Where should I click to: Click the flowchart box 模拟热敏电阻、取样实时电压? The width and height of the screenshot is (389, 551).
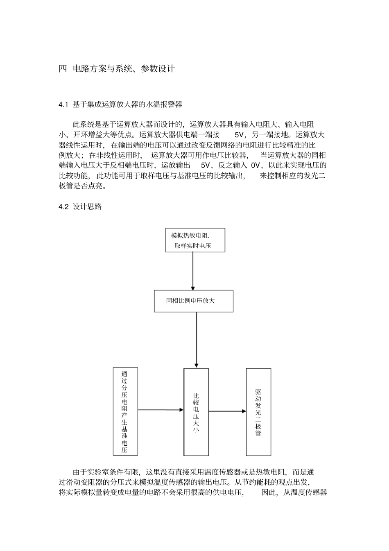(195, 240)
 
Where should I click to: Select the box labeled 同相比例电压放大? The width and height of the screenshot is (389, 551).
(193, 301)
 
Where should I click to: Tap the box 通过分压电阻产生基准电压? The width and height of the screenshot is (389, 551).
(125, 411)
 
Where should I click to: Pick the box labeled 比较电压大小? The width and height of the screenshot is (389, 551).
(196, 412)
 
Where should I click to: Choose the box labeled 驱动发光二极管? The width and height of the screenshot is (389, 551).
(258, 412)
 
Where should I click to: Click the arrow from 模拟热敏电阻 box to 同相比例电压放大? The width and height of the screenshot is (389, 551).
(193, 271)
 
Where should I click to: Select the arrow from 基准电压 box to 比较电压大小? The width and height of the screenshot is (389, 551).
(161, 409)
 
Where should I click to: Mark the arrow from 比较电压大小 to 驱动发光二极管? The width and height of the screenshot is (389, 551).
(227, 411)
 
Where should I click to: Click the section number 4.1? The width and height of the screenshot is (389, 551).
(64, 105)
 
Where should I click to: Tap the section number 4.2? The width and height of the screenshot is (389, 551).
(64, 207)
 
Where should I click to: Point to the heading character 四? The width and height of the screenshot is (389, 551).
(63, 69)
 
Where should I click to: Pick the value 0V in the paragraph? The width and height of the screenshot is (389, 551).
(255, 166)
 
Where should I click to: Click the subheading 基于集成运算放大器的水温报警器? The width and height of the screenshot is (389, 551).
(127, 105)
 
